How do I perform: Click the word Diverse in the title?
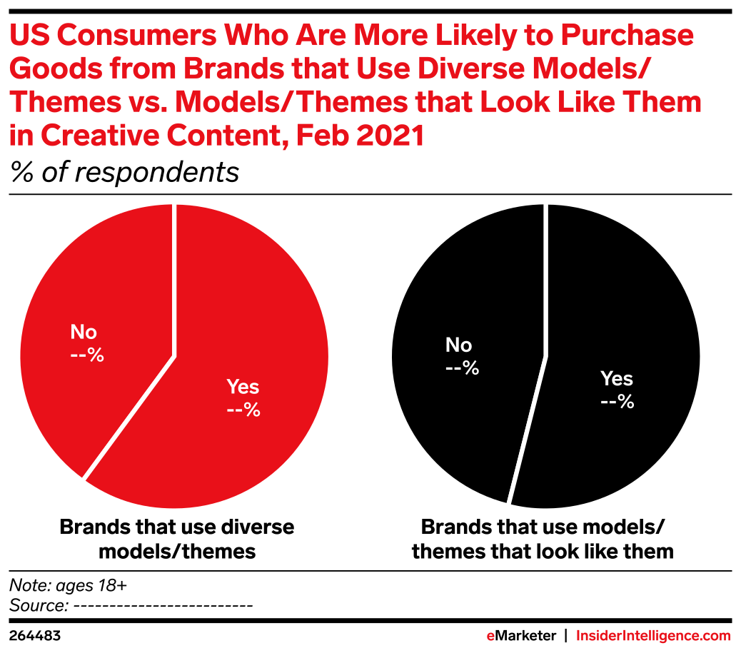click(x=471, y=70)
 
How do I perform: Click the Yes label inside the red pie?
click(x=243, y=388)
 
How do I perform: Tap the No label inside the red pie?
click(x=84, y=333)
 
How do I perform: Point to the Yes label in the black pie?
click(x=617, y=379)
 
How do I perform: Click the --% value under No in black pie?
click(x=460, y=368)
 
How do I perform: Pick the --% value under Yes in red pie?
click(x=243, y=410)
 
